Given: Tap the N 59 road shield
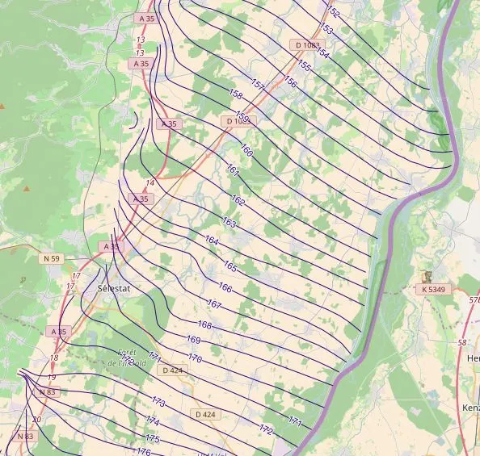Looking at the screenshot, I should [50, 258].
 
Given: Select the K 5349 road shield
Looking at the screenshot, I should [434, 289].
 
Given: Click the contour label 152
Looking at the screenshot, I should [333, 13].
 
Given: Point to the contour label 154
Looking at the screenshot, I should [322, 52].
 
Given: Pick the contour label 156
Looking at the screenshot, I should [290, 83].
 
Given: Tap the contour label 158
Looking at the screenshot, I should [236, 94].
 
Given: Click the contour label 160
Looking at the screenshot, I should [246, 151].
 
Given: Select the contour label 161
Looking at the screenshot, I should [233, 171].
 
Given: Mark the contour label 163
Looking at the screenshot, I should [229, 222].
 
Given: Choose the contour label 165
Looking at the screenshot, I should [230, 266].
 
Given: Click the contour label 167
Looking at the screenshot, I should [214, 304].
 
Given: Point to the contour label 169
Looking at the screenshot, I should [193, 340].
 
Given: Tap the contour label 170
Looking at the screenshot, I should [195, 358].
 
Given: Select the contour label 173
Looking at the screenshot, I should [158, 402].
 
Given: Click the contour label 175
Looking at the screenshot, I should [152, 439].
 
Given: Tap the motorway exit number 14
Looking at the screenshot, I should [150, 183].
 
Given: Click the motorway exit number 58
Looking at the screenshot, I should [461, 343].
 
